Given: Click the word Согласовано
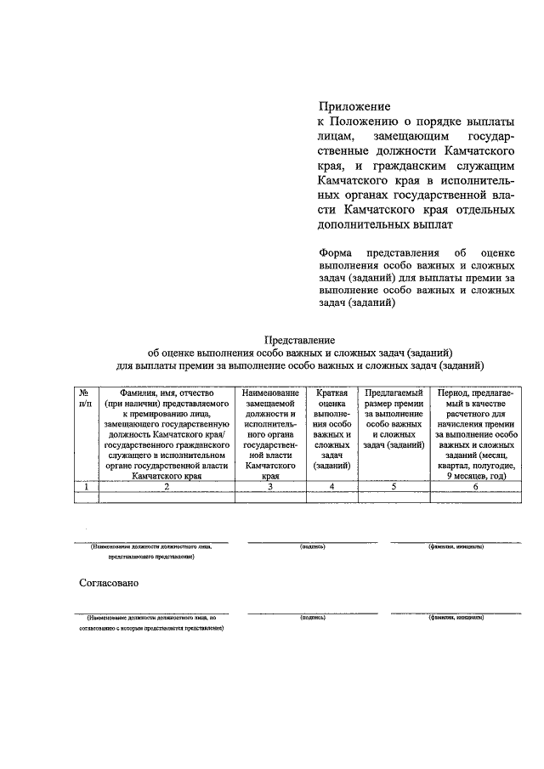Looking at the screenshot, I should click(x=109, y=584).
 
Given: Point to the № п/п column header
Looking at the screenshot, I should click(x=85, y=399).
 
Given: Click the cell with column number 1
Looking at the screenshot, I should click(x=85, y=487).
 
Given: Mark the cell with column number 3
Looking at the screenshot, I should click(x=269, y=487).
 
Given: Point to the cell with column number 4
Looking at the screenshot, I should click(x=332, y=487).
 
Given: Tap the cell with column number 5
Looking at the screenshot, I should click(x=394, y=487).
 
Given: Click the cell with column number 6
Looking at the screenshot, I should click(x=475, y=487).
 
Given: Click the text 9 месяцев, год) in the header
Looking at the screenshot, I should click(x=475, y=477).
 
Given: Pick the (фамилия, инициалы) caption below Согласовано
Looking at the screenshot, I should click(x=456, y=619).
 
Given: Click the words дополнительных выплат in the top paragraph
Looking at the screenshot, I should click(x=380, y=226).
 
